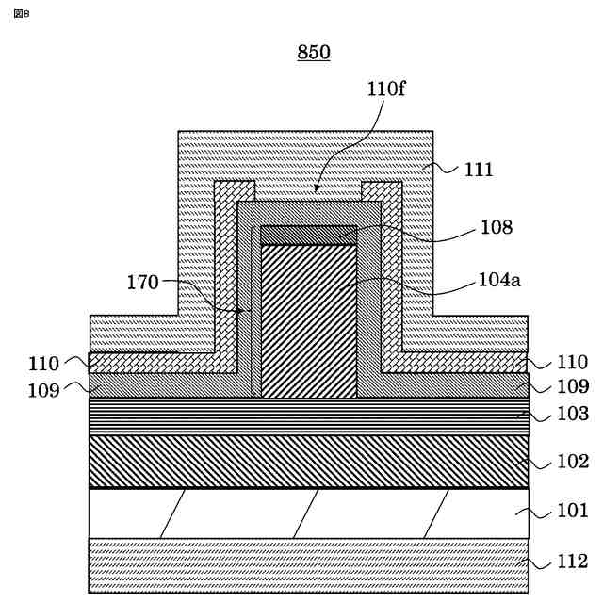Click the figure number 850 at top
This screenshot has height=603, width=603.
[314, 53]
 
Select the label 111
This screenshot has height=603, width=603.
[479, 170]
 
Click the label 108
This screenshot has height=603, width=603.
[496, 227]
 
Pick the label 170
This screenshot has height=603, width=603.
[144, 281]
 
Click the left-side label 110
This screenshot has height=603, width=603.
[43, 364]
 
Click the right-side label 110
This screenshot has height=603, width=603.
[572, 362]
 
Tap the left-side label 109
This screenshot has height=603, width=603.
[43, 387]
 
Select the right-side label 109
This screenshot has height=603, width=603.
[572, 386]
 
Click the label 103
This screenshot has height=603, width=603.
[572, 414]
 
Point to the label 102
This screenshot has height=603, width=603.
[572, 462]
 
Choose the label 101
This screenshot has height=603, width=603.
[572, 512]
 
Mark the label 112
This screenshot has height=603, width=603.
[572, 562]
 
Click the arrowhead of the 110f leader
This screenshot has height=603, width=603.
[318, 191]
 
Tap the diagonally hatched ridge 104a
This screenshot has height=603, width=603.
[308, 320]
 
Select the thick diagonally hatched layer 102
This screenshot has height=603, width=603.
[308, 462]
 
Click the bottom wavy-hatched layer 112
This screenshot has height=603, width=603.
[308, 564]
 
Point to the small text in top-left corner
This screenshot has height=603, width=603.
[22, 13]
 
